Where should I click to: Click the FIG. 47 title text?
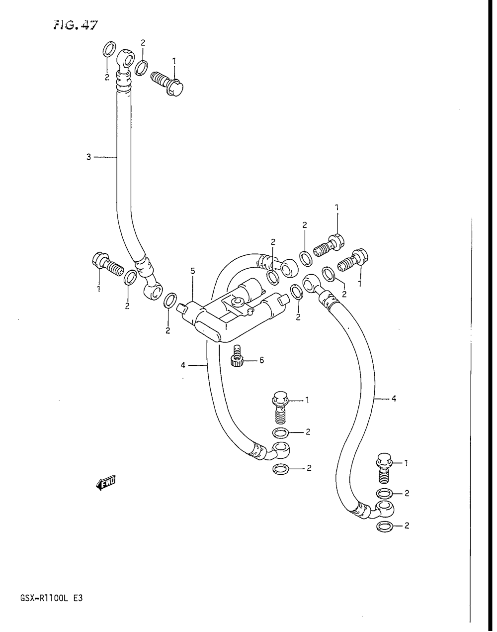pos(76,25)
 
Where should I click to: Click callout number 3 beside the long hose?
pos(88,157)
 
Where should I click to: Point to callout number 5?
pos(193,271)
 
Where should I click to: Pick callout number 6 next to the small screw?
pos(261,360)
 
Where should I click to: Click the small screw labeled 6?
pos(237,355)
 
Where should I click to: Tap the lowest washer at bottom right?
pos(384,527)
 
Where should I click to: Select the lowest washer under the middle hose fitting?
pos(281,468)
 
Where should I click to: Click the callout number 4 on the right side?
pos(394,398)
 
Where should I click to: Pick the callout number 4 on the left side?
pos(183,365)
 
